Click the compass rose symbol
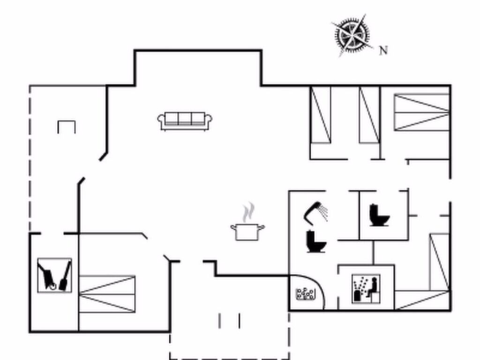tap(352, 35)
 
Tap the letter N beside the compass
tap(383, 50)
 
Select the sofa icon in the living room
tap(185, 121)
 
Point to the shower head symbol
tap(315, 211)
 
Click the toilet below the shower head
tap(316, 241)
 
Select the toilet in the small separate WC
tap(379, 215)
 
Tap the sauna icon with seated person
tap(366, 289)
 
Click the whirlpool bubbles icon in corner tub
tap(305, 294)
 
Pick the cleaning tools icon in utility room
tap(54, 275)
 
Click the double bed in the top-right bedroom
tap(421, 112)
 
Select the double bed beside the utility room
tap(107, 294)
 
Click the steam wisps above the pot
tap(248, 212)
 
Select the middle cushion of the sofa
tap(185, 119)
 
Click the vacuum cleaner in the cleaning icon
tap(47, 277)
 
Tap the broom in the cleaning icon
tap(65, 277)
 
